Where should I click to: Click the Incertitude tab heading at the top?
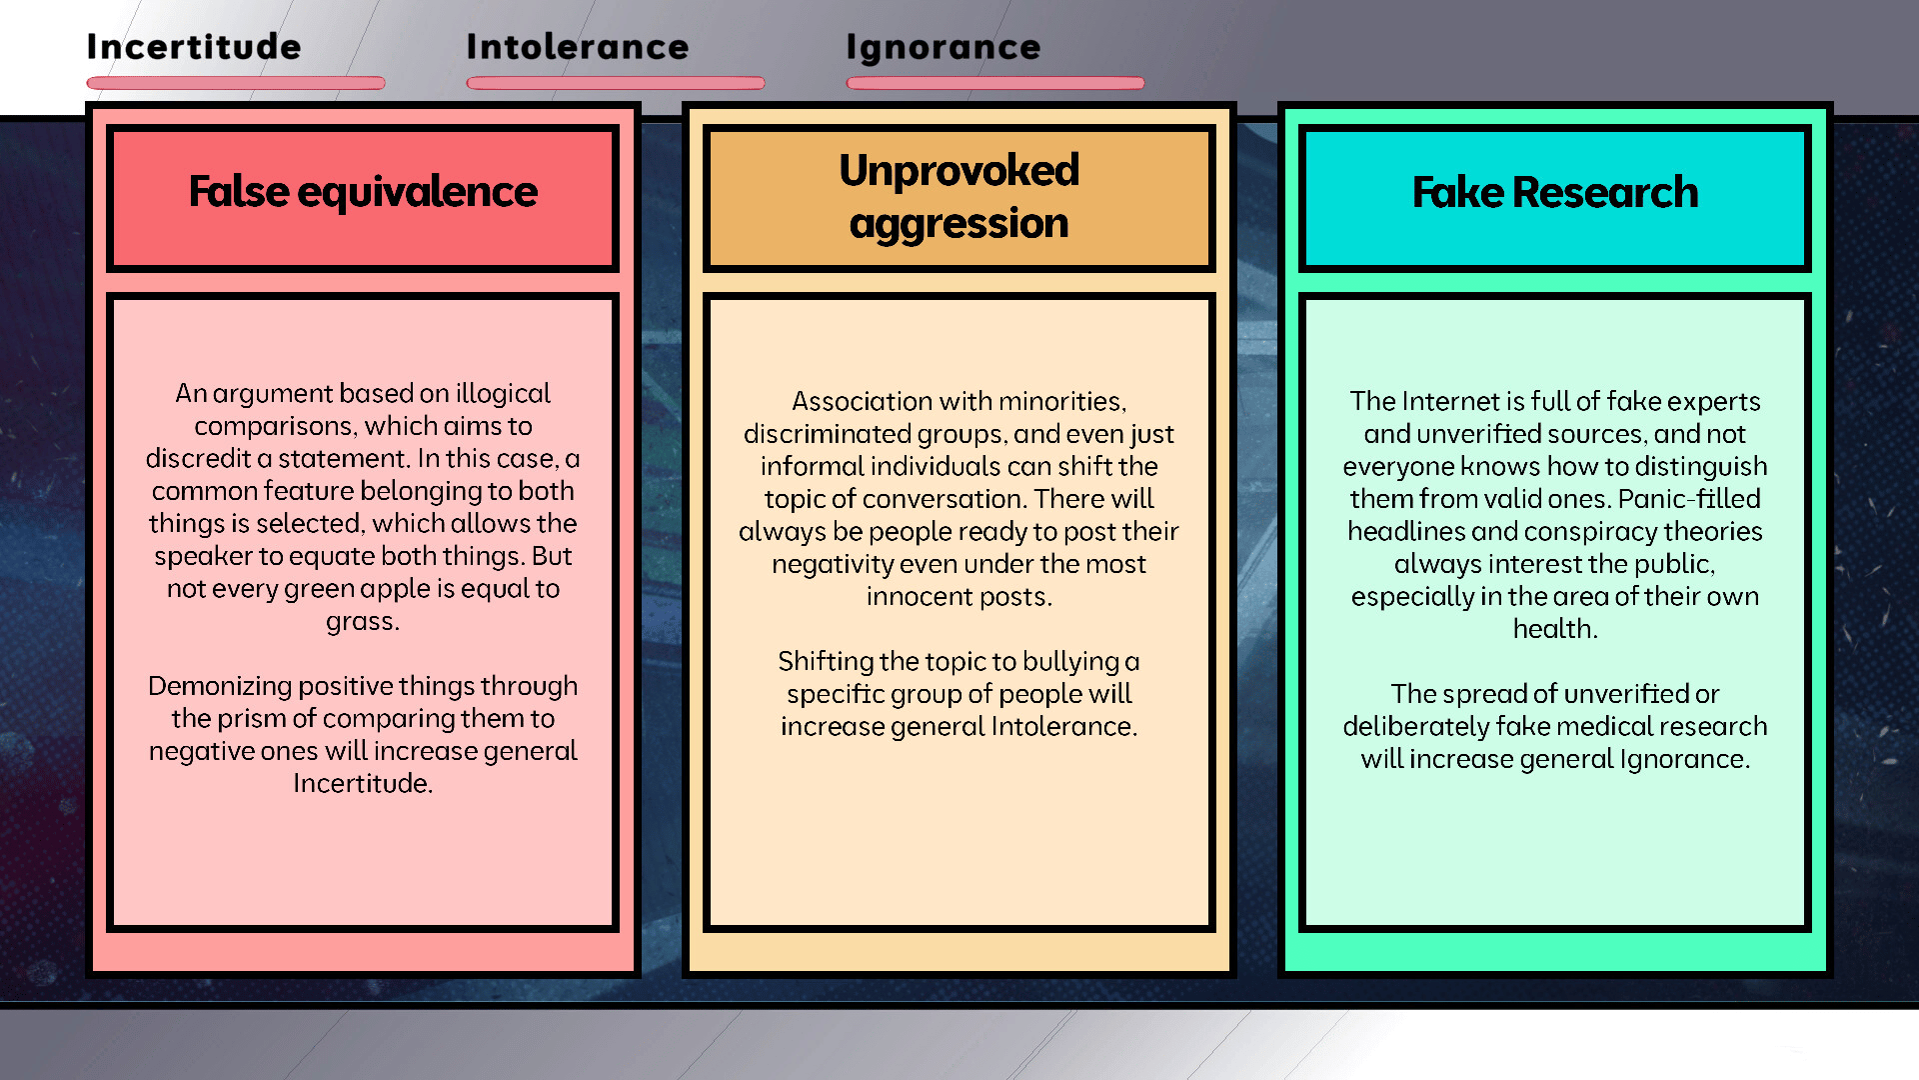(193, 47)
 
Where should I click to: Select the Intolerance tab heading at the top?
(577, 47)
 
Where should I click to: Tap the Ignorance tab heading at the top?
(943, 47)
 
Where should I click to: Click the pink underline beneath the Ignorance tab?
(994, 83)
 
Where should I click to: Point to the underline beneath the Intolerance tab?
(615, 83)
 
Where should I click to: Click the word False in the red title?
(238, 191)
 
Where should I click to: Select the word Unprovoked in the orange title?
(959, 170)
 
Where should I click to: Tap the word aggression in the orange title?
(959, 223)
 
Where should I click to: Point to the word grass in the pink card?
(360, 621)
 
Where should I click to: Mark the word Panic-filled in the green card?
(1689, 498)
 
